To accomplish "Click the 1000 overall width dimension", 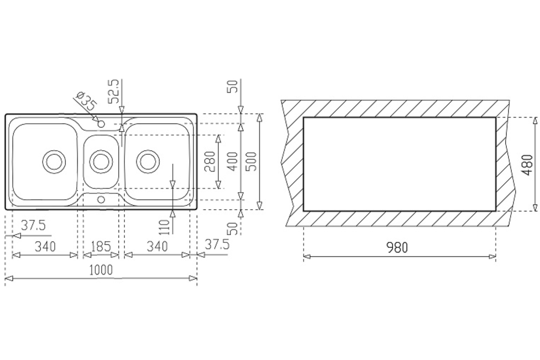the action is (x=101, y=270).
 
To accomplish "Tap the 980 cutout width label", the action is (x=397, y=247).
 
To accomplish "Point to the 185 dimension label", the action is (x=101, y=246).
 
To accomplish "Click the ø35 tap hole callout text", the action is (x=86, y=101).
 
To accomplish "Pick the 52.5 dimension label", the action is (x=113, y=91).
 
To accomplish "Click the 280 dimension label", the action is (x=210, y=161).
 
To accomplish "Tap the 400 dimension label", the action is (x=233, y=161).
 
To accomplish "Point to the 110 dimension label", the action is (x=165, y=227).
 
